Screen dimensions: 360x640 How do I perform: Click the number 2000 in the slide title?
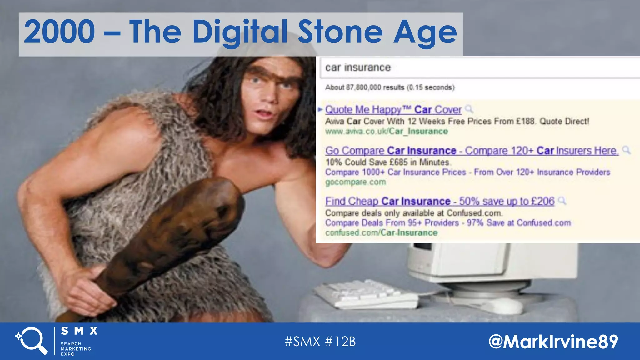[x=59, y=32]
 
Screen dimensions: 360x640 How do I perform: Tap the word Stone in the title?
[x=340, y=32]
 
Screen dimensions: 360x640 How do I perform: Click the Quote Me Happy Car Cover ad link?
[x=393, y=110]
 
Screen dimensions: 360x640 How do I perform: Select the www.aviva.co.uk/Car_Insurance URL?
[x=387, y=131]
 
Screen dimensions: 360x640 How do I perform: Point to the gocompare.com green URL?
[x=356, y=182]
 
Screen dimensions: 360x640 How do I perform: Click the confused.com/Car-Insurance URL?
[x=381, y=233]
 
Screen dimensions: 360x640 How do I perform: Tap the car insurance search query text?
[x=358, y=67]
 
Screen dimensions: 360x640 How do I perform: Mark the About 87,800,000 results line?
[x=390, y=87]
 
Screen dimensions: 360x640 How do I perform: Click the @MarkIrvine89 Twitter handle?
[x=553, y=342]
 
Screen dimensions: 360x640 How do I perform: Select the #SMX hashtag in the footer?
[x=302, y=342]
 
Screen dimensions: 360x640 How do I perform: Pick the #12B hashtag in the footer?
[x=340, y=342]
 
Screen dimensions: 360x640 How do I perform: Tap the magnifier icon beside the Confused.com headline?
[x=562, y=201]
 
